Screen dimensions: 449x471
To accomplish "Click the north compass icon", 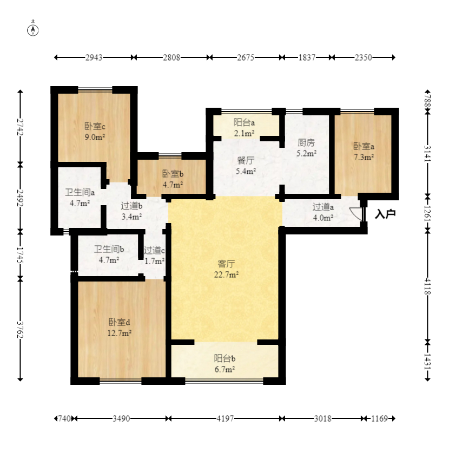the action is [33, 29].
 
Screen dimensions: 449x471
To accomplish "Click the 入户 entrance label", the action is [385, 214].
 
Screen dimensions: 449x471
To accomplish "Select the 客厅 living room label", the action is [226, 264].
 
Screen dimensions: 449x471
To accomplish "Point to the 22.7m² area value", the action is [226, 274].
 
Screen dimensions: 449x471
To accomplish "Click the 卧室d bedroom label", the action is [119, 322].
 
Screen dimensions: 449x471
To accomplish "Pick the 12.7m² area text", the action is [120, 333].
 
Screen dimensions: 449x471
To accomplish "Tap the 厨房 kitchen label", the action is [306, 142].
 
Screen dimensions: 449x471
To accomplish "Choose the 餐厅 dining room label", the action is [246, 160].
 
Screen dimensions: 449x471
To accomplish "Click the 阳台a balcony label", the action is [244, 122].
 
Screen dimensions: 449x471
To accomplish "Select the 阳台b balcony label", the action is [225, 358].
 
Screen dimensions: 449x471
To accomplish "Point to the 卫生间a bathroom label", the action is [80, 192].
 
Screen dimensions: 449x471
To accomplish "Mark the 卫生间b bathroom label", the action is [109, 249].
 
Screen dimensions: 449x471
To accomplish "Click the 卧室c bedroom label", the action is [95, 126].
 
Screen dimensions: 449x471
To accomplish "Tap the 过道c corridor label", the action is [154, 250].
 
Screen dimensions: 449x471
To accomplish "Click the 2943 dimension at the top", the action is [94, 57].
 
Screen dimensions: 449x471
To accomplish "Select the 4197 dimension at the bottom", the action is [225, 418].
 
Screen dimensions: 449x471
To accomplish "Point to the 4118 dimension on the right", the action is [427, 286].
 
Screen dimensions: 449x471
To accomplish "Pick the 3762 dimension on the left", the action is [20, 330].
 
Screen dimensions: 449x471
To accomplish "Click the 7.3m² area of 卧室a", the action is [364, 157].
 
